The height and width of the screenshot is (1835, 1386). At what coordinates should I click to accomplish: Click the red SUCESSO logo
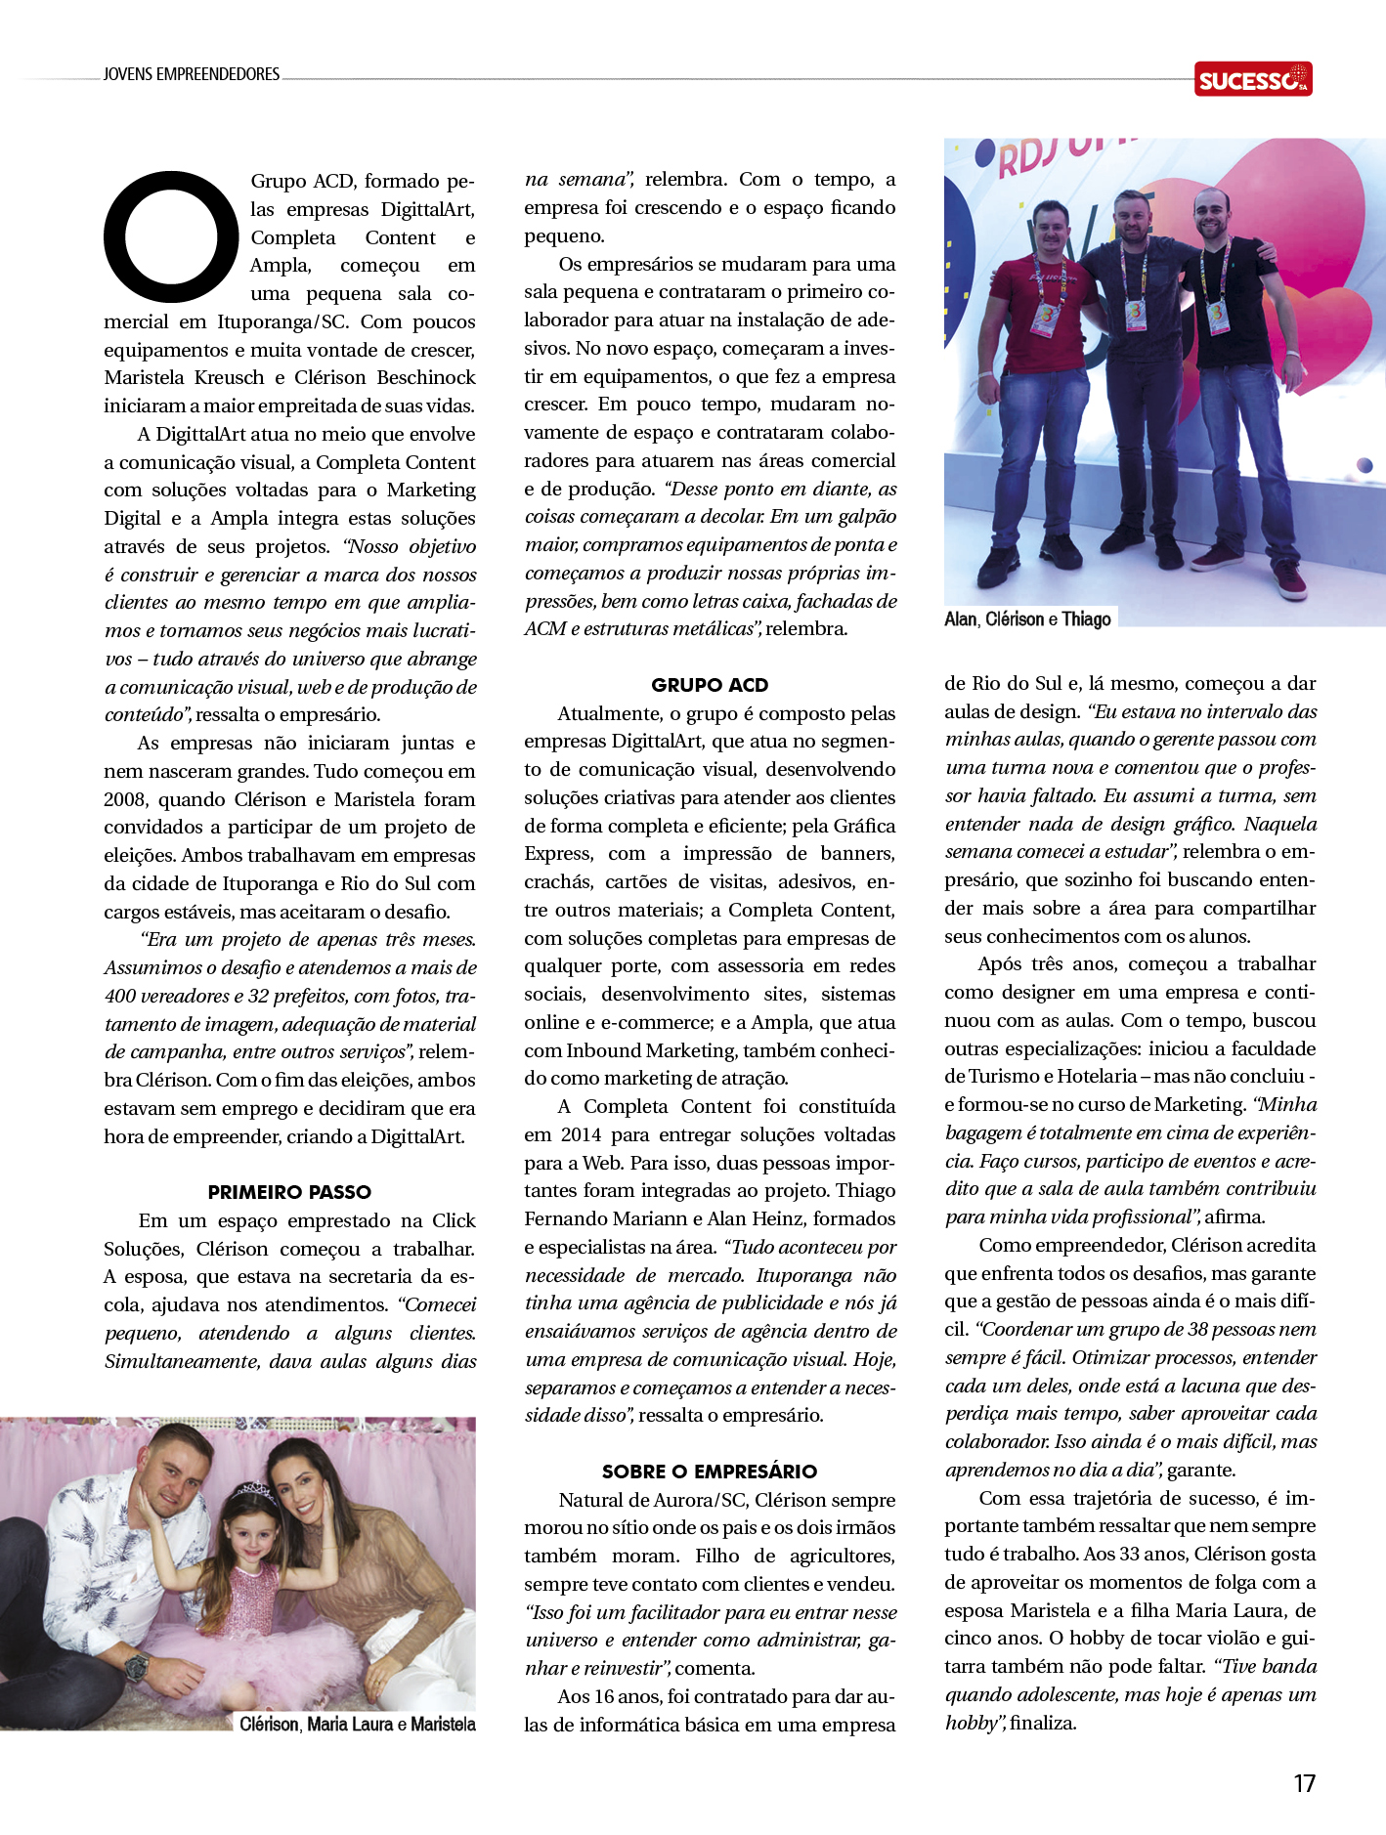[x=1252, y=79]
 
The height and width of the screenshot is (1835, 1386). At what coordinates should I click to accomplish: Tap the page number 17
[x=1304, y=1783]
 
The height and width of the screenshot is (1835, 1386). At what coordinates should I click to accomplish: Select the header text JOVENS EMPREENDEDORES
[x=192, y=74]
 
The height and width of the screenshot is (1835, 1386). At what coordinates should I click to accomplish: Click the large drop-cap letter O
[x=171, y=236]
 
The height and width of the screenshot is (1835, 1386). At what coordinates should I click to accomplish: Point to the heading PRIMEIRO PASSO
[x=289, y=1192]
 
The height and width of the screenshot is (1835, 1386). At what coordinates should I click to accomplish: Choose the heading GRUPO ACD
[x=710, y=685]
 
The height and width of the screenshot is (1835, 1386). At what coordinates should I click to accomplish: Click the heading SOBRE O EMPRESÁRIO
[x=709, y=1472]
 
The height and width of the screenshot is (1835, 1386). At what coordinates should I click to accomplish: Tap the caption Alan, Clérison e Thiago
[x=1027, y=619]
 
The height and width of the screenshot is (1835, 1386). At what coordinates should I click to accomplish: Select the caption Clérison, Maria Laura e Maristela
[x=357, y=1725]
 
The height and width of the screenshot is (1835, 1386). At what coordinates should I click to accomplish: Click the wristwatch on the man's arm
[x=138, y=1665]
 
